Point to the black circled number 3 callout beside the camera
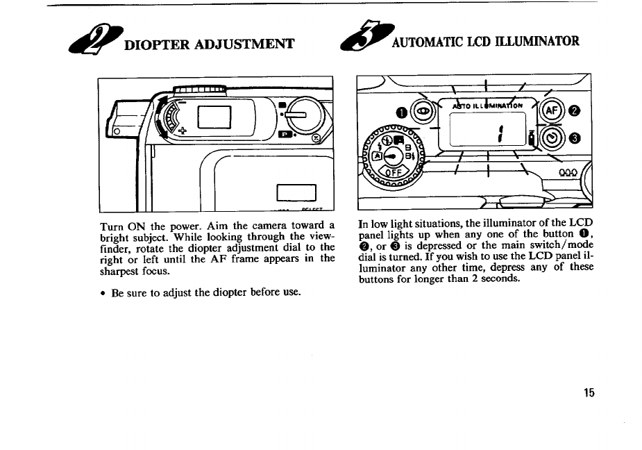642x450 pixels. tap(575, 137)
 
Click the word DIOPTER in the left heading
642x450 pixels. tap(156, 46)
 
